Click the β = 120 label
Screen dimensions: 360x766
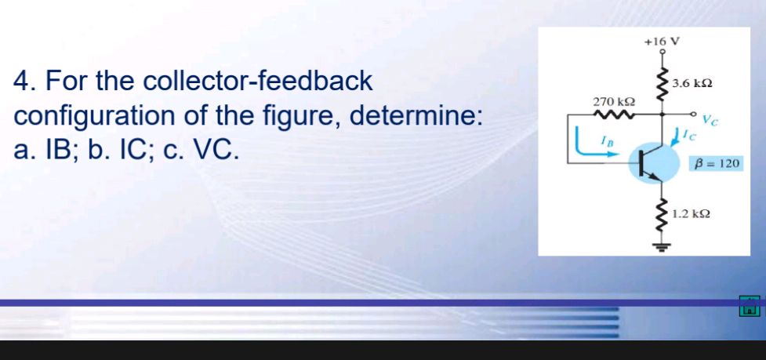713,164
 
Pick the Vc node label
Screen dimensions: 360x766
710,122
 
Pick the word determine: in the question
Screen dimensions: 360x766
423,116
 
